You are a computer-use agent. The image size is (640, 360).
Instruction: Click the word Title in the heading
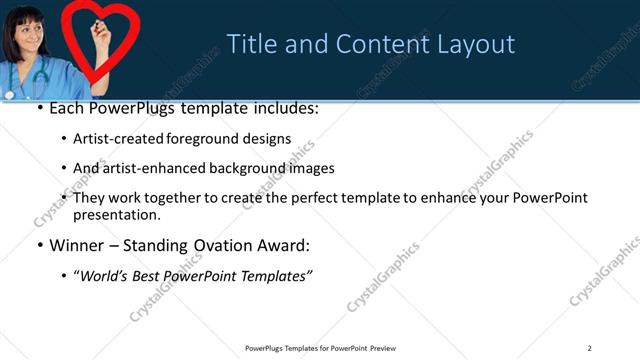coord(250,44)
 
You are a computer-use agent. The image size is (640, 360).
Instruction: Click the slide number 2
coord(589,348)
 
